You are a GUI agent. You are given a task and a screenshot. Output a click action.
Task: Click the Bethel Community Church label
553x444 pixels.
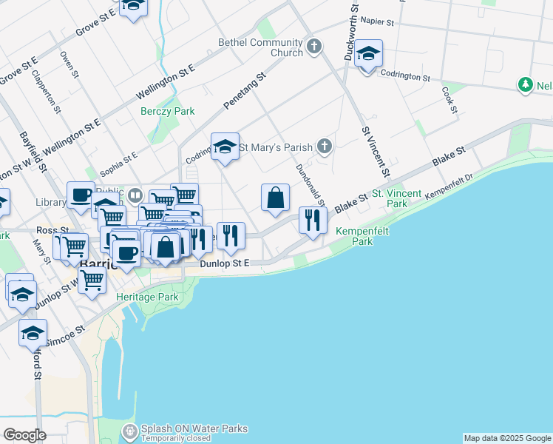[260, 47]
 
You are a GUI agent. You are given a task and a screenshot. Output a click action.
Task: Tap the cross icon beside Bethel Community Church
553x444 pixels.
[314, 47]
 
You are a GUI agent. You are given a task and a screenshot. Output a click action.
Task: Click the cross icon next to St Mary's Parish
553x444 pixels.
[324, 147]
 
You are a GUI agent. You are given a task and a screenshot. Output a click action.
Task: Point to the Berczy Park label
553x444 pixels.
[167, 111]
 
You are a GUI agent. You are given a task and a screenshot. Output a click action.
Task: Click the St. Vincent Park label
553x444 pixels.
[396, 198]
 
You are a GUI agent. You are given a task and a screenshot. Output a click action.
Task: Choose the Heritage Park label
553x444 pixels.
[147, 297]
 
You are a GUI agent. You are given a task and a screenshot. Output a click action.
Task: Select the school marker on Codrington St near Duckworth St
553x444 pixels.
[368, 55]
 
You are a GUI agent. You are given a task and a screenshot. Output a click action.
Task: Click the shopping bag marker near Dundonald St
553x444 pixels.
[275, 198]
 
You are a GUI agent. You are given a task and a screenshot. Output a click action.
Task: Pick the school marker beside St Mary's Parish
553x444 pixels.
[225, 147]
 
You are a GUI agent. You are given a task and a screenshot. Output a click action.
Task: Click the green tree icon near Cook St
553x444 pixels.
[526, 85]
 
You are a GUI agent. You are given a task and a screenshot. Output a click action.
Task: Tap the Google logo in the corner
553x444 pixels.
[24, 434]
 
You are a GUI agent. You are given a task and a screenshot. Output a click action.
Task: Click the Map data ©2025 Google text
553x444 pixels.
[507, 438]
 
